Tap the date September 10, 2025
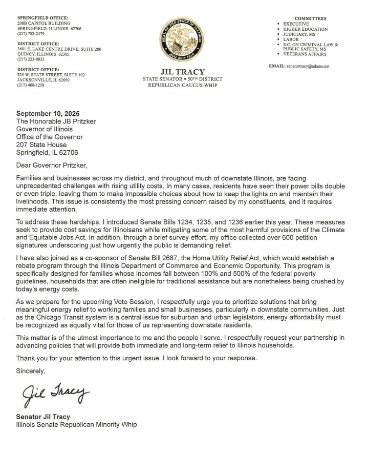tap(48, 113)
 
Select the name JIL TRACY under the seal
tap(183, 72)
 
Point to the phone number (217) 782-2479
tap(30, 34)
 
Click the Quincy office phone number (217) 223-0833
tap(30, 59)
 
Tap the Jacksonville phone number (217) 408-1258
tap(30, 85)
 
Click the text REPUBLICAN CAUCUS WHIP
tap(183, 85)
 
